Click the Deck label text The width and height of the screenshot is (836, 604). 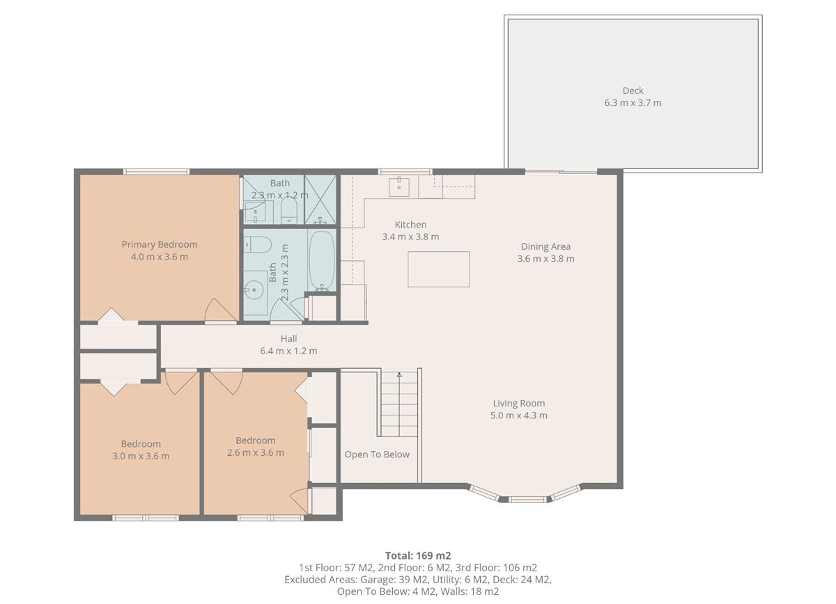633,90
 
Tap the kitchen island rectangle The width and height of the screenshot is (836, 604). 438,269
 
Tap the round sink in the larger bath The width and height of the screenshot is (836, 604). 255,287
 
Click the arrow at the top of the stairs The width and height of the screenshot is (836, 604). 400,375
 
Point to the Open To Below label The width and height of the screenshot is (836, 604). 377,454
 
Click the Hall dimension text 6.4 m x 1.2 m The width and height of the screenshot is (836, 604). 288,351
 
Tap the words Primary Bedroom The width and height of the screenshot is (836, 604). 160,244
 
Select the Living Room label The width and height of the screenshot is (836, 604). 519,403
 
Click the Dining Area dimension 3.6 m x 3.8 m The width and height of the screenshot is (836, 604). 545,259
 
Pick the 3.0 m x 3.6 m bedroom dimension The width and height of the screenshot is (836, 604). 141,456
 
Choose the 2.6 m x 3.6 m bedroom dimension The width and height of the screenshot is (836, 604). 256,453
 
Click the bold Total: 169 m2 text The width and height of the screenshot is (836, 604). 418,555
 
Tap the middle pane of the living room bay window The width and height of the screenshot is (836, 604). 527,499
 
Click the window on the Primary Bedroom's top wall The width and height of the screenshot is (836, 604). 157,171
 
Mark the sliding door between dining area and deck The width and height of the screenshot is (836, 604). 561,171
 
